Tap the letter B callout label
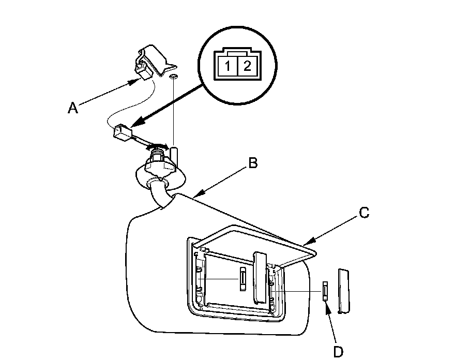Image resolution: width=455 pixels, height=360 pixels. [x=253, y=163]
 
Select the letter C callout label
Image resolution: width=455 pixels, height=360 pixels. [x=364, y=212]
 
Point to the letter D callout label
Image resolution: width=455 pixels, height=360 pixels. [x=338, y=352]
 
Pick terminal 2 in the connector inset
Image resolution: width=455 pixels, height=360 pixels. [x=247, y=66]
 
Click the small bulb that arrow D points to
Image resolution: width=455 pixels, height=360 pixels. [x=325, y=291]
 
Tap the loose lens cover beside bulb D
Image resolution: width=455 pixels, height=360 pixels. [x=343, y=291]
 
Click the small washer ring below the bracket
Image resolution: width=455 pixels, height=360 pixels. [x=174, y=77]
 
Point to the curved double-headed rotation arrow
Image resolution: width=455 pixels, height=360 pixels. [x=158, y=144]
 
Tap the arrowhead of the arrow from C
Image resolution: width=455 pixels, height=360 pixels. [x=307, y=243]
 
